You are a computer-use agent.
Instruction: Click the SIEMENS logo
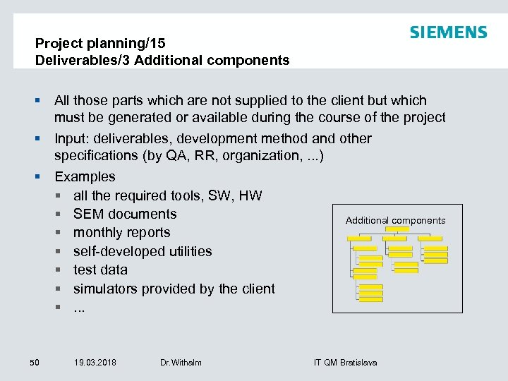tap(448, 32)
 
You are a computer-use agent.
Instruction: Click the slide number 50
tap(35, 363)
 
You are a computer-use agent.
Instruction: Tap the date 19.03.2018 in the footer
tap(95, 363)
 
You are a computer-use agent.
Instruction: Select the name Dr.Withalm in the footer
tap(181, 363)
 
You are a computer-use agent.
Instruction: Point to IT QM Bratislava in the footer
tap(345, 363)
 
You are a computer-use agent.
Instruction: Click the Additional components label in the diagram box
tap(395, 220)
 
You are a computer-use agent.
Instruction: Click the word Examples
tap(85, 176)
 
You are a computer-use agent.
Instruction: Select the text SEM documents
tap(125, 214)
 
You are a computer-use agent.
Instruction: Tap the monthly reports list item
tap(121, 232)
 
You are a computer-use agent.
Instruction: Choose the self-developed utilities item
tap(143, 251)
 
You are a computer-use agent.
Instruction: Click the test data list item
tap(100, 270)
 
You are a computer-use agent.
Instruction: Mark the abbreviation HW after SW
tap(250, 195)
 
